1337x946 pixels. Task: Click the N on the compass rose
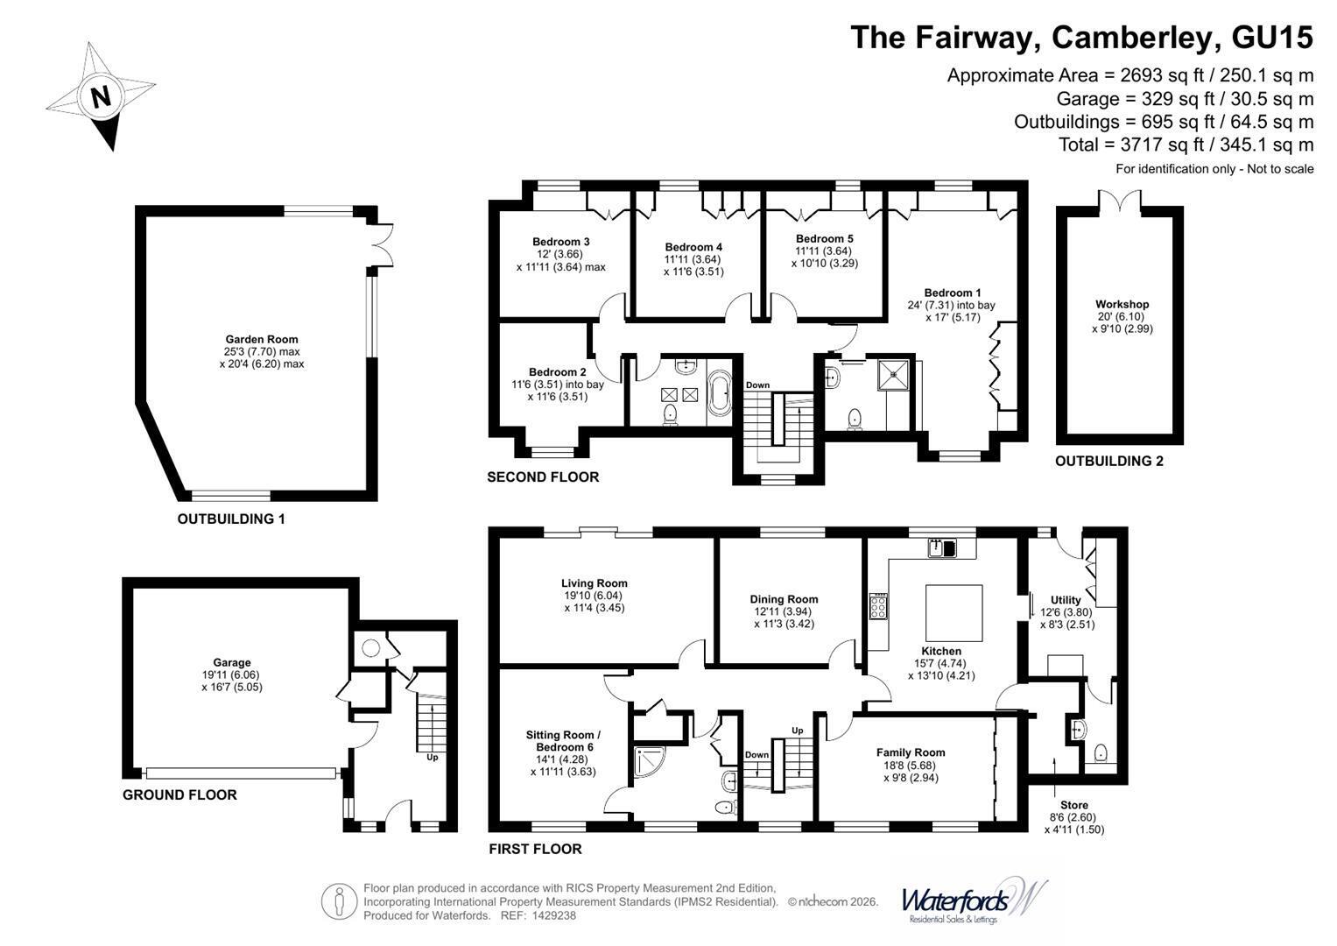tap(101, 96)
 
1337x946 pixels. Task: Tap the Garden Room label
tap(262, 339)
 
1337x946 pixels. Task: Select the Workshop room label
tap(1122, 304)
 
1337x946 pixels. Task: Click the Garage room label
tap(231, 662)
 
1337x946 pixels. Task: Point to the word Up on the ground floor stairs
tap(433, 758)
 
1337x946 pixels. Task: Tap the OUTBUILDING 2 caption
tap(1109, 461)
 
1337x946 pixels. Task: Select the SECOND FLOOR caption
tap(543, 477)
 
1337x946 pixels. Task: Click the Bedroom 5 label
tap(824, 238)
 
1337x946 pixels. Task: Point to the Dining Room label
tap(784, 599)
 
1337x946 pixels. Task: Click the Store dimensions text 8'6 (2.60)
tap(1073, 817)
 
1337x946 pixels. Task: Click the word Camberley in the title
tap(1132, 37)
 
